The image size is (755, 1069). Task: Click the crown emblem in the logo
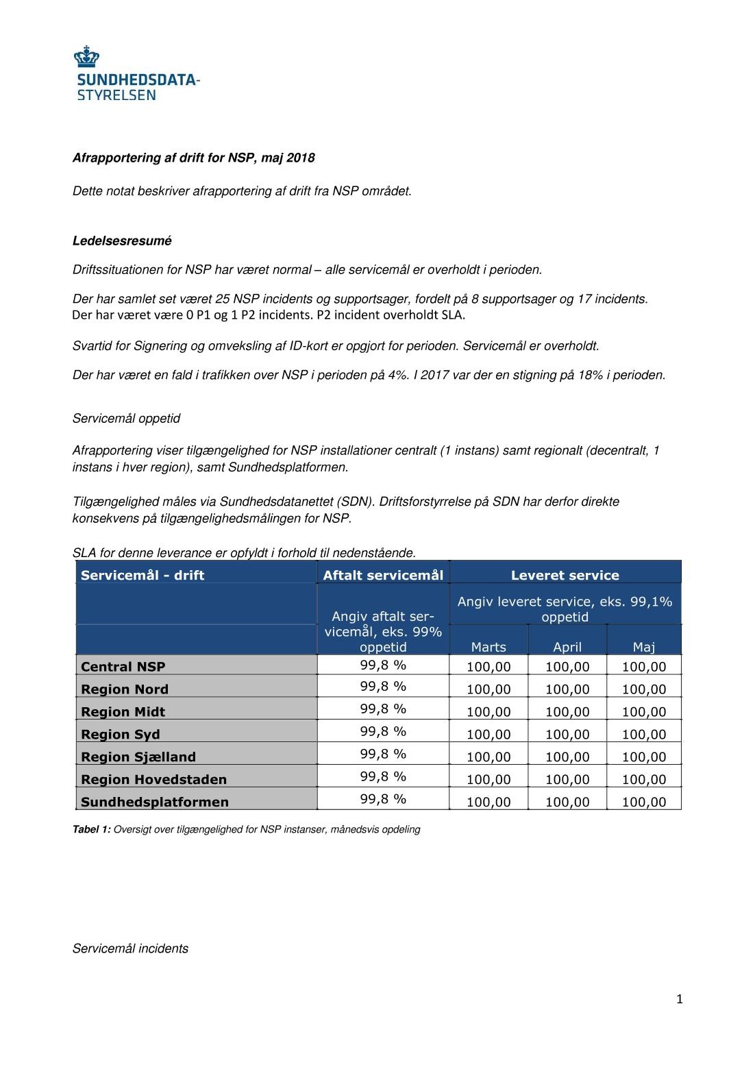pyautogui.click(x=86, y=57)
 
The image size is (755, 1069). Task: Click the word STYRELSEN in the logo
pyautogui.click(x=116, y=95)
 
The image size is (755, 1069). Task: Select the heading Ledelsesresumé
pyautogui.click(x=122, y=241)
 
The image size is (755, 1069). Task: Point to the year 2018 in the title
pyautogui.click(x=301, y=158)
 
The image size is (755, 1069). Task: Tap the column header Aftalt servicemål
pyautogui.click(x=383, y=575)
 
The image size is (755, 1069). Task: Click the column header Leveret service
pyautogui.click(x=565, y=576)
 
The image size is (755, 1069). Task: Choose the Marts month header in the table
pyautogui.click(x=488, y=647)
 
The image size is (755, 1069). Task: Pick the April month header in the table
pyautogui.click(x=567, y=647)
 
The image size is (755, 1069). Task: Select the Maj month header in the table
pyautogui.click(x=644, y=647)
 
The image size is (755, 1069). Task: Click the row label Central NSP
pyautogui.click(x=123, y=667)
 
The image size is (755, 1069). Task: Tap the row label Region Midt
pyautogui.click(x=123, y=712)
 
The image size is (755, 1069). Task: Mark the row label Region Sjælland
pyautogui.click(x=138, y=757)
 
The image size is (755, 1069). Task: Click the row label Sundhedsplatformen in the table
pyautogui.click(x=155, y=802)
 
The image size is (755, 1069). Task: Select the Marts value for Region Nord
pyautogui.click(x=488, y=689)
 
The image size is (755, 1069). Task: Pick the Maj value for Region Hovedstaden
pyautogui.click(x=644, y=780)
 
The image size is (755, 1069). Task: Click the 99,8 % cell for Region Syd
pyautogui.click(x=383, y=731)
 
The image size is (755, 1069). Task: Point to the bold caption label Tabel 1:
pyautogui.click(x=91, y=830)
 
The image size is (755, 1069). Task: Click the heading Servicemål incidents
pyautogui.click(x=130, y=949)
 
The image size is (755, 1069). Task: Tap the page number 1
pyautogui.click(x=680, y=1000)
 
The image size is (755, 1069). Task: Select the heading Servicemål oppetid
pyautogui.click(x=126, y=419)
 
